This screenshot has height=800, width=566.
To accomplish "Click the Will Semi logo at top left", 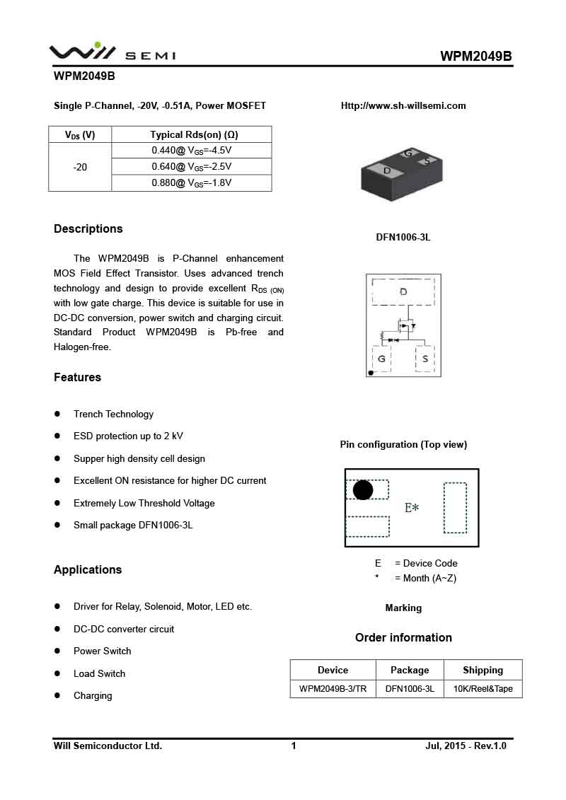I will [112, 52].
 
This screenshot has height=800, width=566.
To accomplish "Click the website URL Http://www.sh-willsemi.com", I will [403, 106].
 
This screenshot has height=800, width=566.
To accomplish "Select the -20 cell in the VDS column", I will [80, 167].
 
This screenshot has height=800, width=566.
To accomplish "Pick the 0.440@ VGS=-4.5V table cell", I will [191, 151].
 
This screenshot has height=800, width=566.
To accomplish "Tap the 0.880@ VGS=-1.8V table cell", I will [191, 183].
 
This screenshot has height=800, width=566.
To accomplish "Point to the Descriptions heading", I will [88, 228].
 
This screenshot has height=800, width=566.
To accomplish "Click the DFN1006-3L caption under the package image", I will [403, 238].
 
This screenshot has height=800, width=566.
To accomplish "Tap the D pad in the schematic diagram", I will [403, 291].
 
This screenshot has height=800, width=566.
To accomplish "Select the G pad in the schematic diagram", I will [381, 359].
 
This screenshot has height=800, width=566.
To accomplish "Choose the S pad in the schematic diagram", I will [424, 359].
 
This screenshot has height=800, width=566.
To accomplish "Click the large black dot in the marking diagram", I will [363, 490].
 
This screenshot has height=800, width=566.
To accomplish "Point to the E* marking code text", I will [412, 508].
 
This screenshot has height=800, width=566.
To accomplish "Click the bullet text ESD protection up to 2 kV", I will [128, 436].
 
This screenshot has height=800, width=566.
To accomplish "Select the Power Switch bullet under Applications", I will [102, 651].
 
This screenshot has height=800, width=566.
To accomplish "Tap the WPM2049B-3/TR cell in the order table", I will [333, 689].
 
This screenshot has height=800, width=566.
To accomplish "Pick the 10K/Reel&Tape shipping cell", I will [483, 689].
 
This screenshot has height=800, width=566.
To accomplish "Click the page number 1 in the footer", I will [294, 746].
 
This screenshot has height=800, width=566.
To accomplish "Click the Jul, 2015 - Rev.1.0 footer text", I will [466, 746].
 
